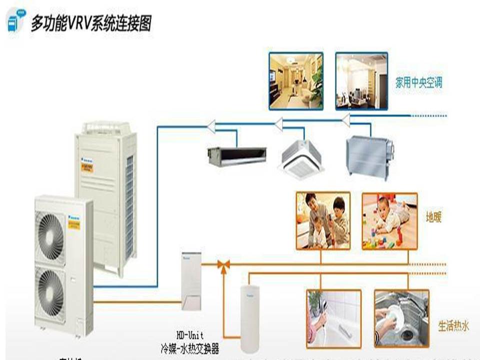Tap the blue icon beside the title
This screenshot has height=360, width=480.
click(x=15, y=21)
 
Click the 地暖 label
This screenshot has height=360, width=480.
click(x=434, y=218)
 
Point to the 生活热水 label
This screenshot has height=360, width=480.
click(x=453, y=326)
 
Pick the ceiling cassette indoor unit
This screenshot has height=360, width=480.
click(x=304, y=158)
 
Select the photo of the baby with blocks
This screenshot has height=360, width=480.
click(x=389, y=221)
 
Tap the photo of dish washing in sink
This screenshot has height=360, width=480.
click(x=401, y=318)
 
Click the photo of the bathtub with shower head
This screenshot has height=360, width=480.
click(x=333, y=318)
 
